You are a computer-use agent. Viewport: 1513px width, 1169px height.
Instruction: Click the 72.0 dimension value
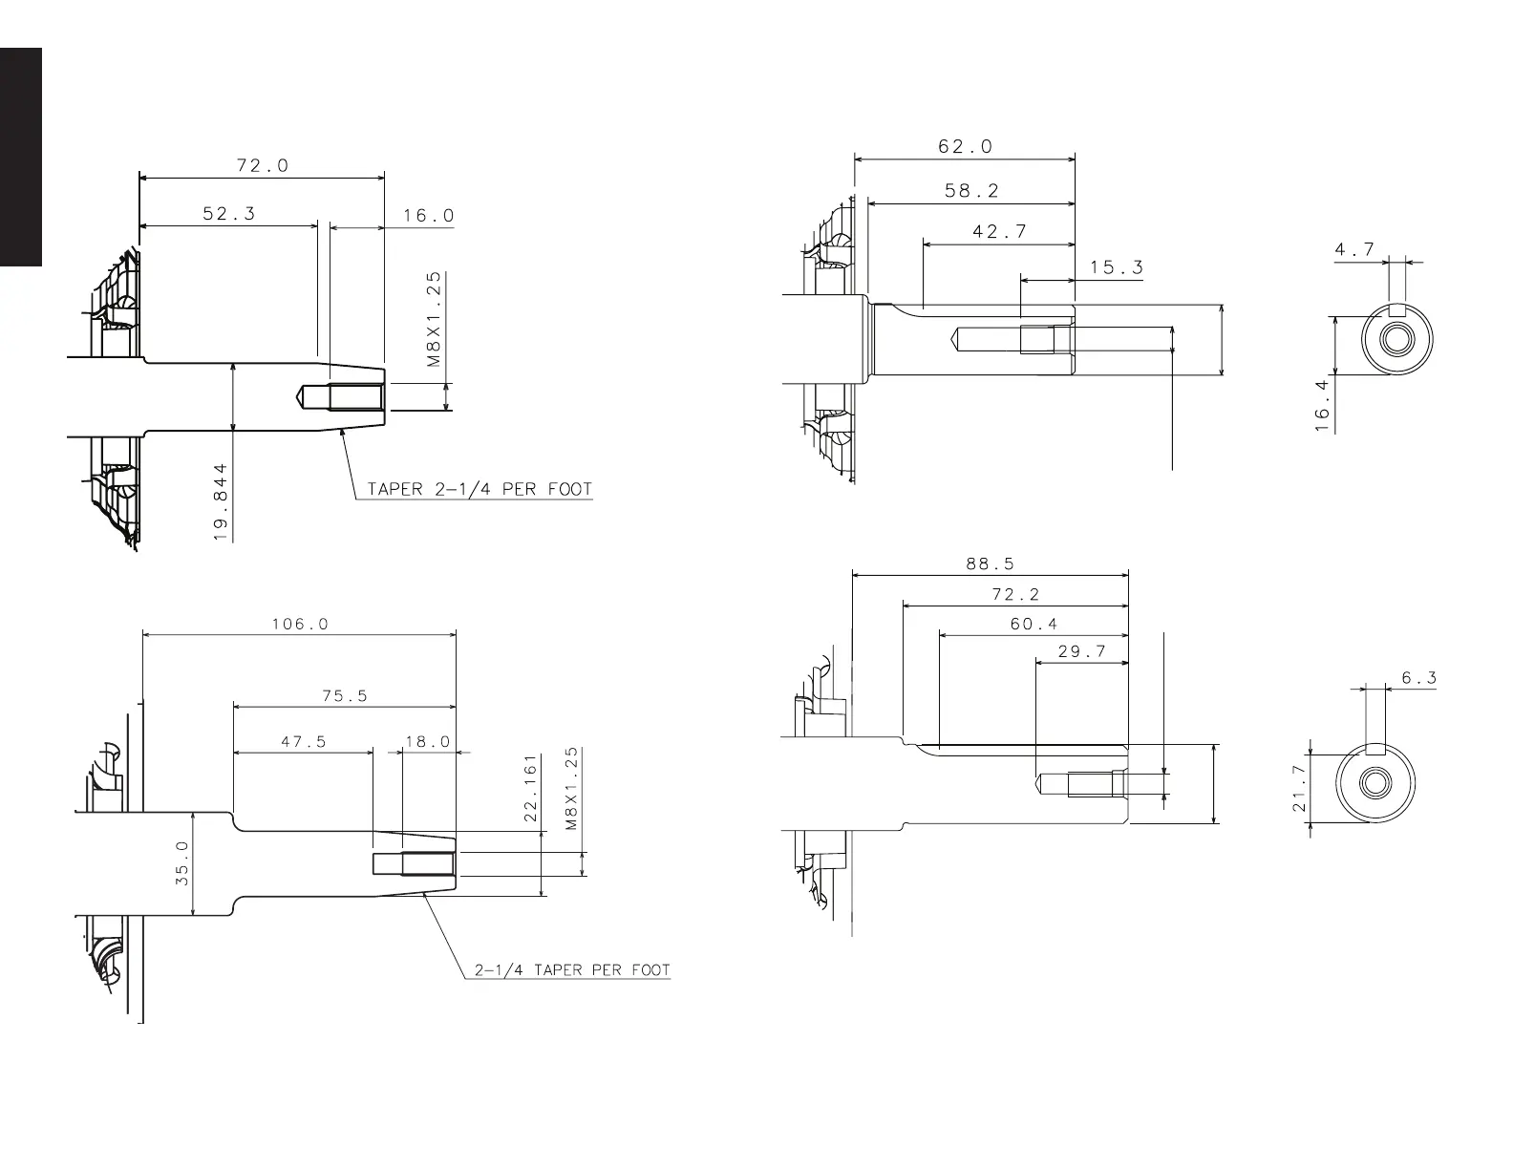pos(262,165)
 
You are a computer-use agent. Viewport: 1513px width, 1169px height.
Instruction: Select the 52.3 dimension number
pos(228,214)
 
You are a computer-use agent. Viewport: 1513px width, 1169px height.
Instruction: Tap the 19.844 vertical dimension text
pos(221,503)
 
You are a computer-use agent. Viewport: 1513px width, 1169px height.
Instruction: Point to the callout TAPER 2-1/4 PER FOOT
pos(479,489)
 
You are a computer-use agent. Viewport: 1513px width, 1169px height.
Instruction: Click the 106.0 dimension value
pos(299,624)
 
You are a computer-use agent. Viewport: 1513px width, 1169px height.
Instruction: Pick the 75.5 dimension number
pos(344,696)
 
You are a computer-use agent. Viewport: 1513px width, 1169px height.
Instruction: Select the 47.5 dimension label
pos(303,741)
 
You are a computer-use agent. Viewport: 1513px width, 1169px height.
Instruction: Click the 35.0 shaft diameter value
pos(181,863)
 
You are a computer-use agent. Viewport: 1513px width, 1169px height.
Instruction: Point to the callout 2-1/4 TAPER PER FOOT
pos(573,970)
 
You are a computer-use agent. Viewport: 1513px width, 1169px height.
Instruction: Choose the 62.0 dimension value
pos(965,146)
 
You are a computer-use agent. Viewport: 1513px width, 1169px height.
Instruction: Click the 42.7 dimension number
pos(999,231)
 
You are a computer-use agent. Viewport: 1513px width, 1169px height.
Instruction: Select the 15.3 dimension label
pos(1116,267)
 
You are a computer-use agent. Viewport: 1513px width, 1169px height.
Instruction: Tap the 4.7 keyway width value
pos(1354,249)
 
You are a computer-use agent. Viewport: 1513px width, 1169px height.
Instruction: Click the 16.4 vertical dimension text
pos(1323,405)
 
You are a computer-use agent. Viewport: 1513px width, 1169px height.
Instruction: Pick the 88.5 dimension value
pos(990,563)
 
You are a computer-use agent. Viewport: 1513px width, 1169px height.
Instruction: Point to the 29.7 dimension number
pos(1081,651)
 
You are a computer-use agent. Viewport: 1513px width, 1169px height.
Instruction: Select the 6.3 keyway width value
pos(1418,678)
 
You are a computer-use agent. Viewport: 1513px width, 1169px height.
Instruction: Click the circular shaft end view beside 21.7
pos(1374,783)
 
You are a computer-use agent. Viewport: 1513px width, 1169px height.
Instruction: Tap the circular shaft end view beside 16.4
pos(1397,340)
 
